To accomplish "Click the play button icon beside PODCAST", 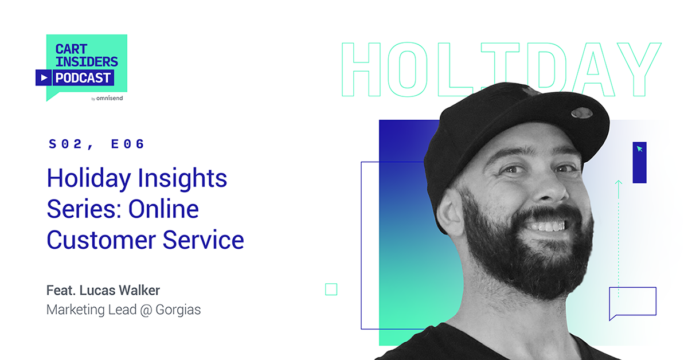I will (x=44, y=77).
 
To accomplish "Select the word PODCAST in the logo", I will (x=83, y=77).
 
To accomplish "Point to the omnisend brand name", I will (x=110, y=99).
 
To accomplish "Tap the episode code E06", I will (x=128, y=144).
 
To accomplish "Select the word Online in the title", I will (x=163, y=209).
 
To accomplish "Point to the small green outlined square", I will (x=331, y=289).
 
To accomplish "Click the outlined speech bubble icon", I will (x=632, y=302).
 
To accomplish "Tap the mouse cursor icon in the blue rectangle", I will (x=639, y=149).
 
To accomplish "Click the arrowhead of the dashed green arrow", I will (x=618, y=183).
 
